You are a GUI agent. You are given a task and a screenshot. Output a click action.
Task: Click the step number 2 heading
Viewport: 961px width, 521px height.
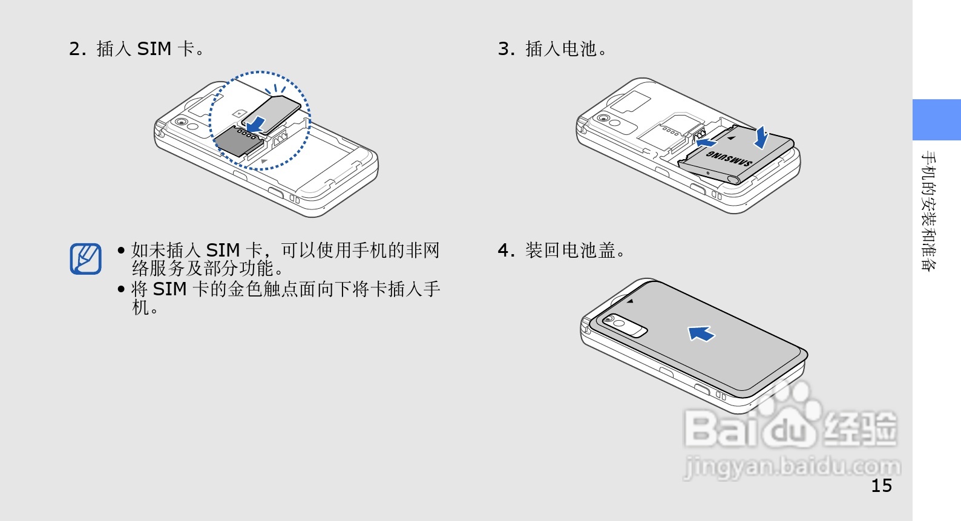[77, 48]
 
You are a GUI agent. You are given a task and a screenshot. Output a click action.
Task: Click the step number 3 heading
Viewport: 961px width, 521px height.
[507, 48]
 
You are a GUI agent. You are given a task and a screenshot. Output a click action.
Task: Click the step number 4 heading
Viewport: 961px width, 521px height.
[506, 250]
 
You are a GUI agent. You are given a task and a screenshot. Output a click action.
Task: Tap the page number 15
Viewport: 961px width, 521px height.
[881, 485]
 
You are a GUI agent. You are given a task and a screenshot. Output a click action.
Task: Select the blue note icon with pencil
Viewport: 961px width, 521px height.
[85, 258]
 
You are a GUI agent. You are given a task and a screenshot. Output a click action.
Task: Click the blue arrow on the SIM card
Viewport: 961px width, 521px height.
[257, 124]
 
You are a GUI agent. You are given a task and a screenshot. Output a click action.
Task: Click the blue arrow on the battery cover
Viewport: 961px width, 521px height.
[701, 333]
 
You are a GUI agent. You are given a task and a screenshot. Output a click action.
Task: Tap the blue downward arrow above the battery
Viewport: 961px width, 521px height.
[761, 137]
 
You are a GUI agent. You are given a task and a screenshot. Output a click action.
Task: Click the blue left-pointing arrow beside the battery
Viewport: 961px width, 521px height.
[706, 143]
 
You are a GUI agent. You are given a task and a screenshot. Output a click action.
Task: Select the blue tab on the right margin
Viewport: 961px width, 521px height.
[936, 120]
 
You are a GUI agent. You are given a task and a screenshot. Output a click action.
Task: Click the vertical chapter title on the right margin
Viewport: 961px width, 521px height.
[929, 211]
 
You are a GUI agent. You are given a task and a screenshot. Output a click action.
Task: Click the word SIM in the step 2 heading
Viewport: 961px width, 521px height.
[154, 48]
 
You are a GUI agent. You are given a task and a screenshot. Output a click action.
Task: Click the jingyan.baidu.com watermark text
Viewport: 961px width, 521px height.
[792, 467]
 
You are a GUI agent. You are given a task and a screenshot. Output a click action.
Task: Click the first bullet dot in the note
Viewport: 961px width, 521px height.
[121, 250]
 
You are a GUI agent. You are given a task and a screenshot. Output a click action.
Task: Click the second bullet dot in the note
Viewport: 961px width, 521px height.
[121, 289]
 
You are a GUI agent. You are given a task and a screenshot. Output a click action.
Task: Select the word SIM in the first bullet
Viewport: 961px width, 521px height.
[223, 250]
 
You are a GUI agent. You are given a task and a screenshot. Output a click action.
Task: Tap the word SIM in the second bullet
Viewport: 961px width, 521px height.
[169, 289]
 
